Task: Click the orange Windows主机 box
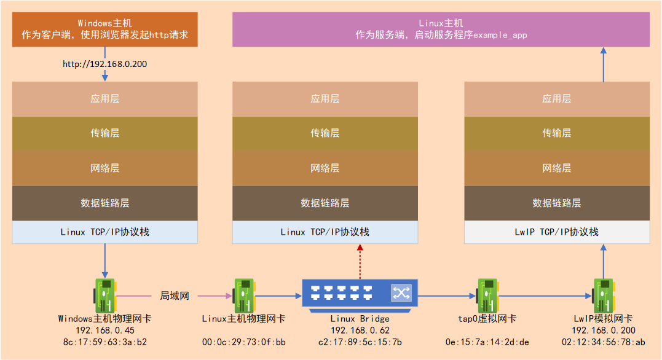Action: [x=104, y=29]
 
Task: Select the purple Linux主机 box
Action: [x=441, y=29]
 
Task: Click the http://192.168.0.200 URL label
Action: [x=104, y=64]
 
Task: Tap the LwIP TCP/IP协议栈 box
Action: [x=556, y=232]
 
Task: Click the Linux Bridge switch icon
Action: [x=360, y=293]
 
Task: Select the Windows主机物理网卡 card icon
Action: [x=104, y=295]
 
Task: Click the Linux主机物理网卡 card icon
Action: [x=243, y=295]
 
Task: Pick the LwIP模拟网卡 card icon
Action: [x=603, y=295]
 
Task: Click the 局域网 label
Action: [x=175, y=296]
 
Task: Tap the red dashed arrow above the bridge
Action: [x=360, y=259]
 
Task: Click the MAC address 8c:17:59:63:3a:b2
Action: [x=104, y=342]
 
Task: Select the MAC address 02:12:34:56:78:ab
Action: [x=603, y=342]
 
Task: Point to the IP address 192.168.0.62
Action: [x=360, y=331]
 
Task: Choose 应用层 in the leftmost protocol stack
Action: [x=104, y=98]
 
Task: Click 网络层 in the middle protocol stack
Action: [x=325, y=168]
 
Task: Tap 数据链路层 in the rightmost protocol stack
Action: [x=556, y=203]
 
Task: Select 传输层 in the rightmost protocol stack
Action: [x=556, y=133]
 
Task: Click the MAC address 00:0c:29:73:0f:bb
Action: [x=243, y=342]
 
